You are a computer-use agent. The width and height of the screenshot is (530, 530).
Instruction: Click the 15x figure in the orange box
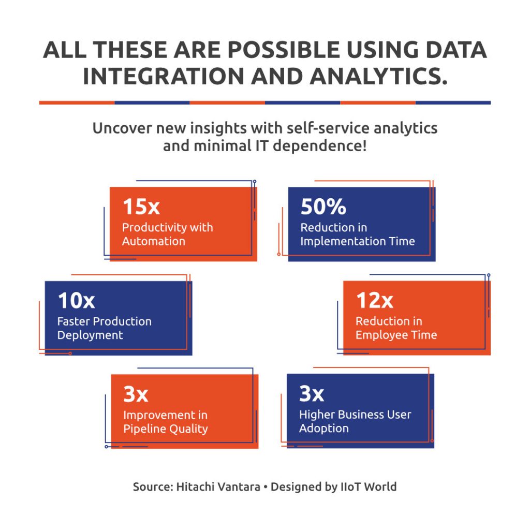pos(141,207)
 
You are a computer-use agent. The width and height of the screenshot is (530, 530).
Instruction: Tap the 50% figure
pos(323,207)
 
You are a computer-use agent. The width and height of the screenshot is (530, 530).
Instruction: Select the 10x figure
pos(77,301)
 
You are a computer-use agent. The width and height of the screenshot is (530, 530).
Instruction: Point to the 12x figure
pos(375,300)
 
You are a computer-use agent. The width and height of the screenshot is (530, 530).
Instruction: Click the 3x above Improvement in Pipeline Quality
pos(136,394)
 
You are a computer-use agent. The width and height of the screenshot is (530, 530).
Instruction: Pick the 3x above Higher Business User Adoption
pos(312,393)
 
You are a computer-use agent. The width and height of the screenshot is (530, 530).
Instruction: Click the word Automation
pos(154,241)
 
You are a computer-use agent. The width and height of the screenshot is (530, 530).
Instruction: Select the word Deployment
pos(90,335)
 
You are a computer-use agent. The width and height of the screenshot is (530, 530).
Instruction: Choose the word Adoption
pos(324,428)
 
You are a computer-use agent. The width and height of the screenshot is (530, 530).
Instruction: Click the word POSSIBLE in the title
pos(284,50)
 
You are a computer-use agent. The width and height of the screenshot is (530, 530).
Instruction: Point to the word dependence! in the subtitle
pos(320,146)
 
